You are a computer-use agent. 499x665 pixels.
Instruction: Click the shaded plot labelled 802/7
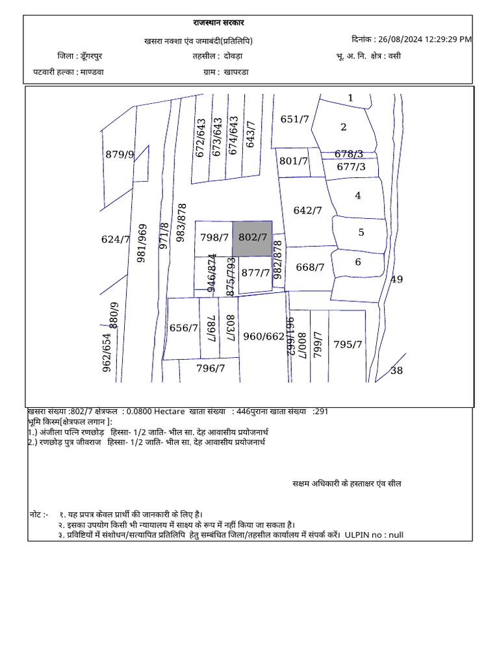[x=253, y=237]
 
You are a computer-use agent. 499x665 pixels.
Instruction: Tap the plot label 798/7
[x=214, y=238]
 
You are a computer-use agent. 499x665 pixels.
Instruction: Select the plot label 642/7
[x=307, y=210]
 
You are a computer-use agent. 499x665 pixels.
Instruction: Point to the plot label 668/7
[x=309, y=267]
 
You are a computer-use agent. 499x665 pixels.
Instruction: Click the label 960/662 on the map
[x=264, y=336]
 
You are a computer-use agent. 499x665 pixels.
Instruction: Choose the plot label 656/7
[x=183, y=329]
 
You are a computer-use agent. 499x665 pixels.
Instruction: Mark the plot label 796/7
[x=211, y=368]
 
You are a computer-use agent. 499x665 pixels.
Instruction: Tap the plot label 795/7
[x=348, y=344]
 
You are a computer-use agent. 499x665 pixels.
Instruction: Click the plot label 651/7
[x=294, y=119]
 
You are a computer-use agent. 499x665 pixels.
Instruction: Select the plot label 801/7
[x=293, y=161]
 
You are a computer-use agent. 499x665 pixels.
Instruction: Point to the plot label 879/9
[x=120, y=155]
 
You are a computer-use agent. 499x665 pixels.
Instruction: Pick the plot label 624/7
[x=116, y=240]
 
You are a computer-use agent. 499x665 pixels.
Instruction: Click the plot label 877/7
[x=255, y=273]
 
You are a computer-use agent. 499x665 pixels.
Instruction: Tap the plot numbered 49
[x=396, y=280]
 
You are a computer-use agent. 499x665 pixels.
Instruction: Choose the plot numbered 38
[x=396, y=371]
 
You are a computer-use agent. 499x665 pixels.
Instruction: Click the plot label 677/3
[x=351, y=167]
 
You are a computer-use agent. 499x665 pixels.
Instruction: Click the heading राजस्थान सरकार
[x=219, y=23]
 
